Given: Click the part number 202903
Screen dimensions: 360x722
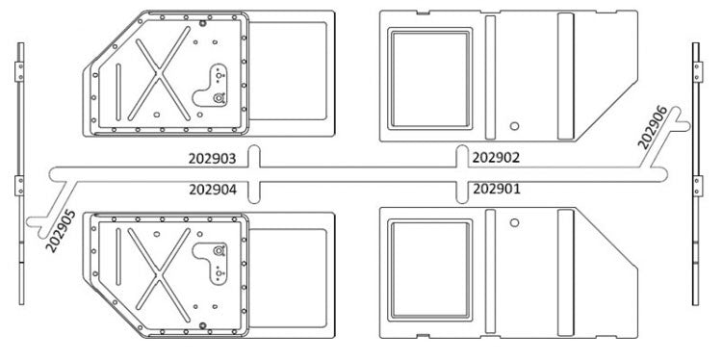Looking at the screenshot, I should point(213,157).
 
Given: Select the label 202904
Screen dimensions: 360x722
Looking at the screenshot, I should point(213,189).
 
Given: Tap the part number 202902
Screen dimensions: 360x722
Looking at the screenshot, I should point(497,157).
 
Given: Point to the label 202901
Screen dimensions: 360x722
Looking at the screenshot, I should point(497,189).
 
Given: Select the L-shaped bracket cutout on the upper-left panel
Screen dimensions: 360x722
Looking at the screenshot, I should point(218,85).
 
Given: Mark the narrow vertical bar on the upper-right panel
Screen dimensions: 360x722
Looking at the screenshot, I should point(489,72).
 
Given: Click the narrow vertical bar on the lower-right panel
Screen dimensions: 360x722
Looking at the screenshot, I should point(489,274).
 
